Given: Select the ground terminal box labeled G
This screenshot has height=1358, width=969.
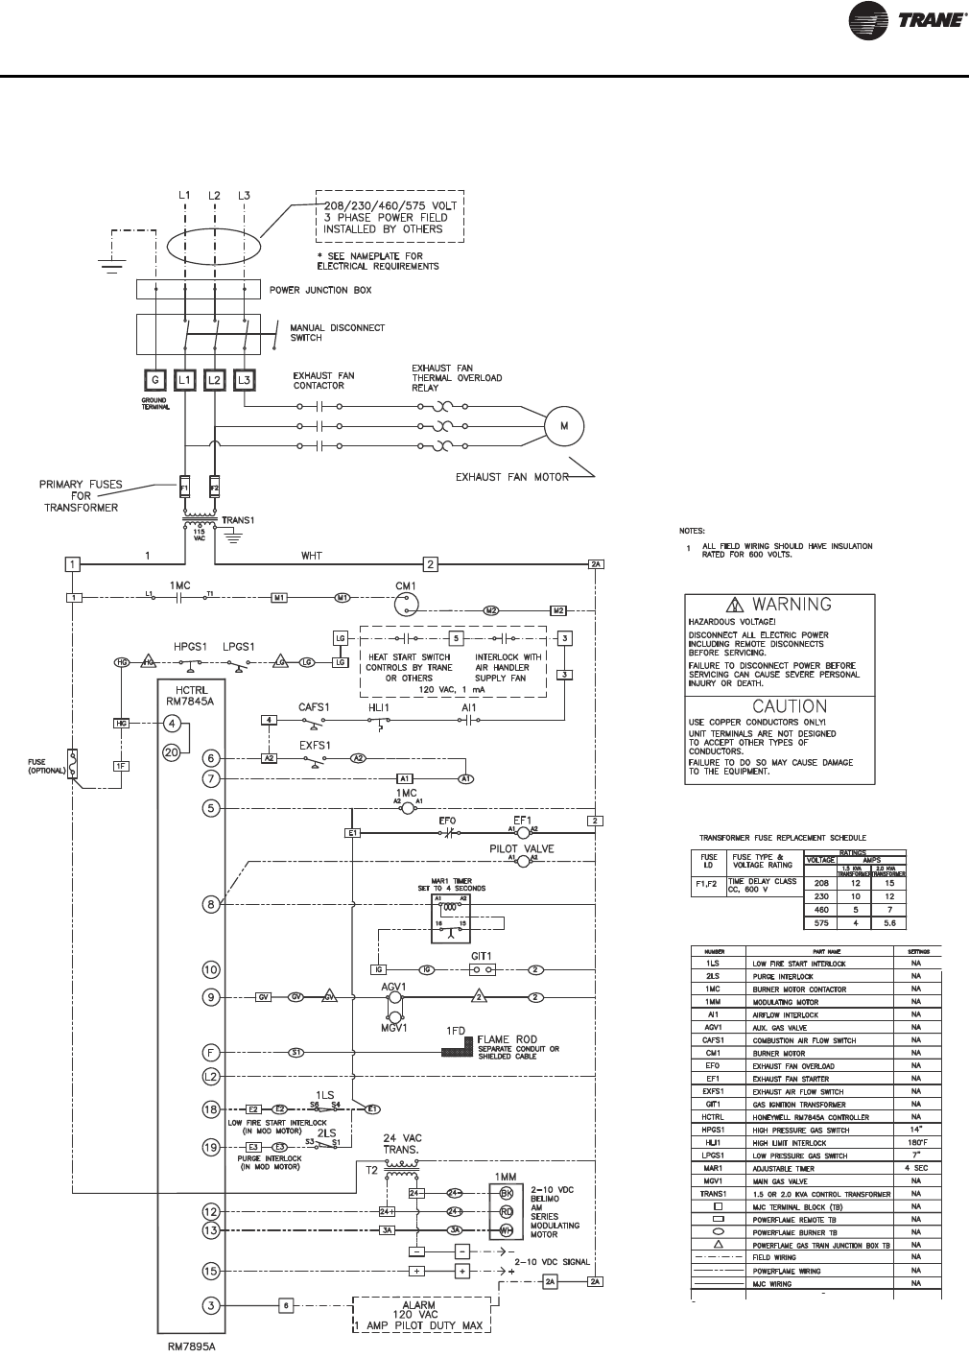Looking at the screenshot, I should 154,380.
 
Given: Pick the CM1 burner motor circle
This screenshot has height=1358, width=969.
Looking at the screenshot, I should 408,601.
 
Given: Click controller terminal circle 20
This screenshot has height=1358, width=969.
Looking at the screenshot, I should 171,753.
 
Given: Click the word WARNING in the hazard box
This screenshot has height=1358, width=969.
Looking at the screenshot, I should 791,605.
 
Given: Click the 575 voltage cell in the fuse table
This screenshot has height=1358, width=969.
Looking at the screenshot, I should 820,923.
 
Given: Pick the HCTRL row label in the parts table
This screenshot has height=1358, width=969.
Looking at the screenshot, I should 713,1117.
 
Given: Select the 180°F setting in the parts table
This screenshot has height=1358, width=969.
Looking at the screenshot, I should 917,1143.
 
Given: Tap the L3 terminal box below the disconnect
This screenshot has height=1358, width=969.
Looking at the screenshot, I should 245,380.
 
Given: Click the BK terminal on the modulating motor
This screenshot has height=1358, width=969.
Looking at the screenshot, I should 506,1193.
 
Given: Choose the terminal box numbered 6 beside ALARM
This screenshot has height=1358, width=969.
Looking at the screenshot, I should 286,1304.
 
